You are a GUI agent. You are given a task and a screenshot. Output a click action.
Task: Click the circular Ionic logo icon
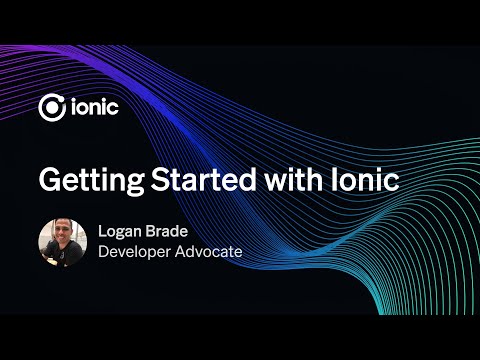(x=52, y=106)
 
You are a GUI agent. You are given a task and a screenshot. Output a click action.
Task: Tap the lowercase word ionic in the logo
(x=95, y=106)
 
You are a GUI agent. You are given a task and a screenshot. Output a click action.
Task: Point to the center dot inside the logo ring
(x=52, y=107)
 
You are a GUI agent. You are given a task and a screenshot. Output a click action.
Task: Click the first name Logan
(x=121, y=232)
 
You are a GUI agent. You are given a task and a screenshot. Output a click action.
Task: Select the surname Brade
(x=171, y=231)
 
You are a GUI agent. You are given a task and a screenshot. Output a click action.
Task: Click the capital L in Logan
(x=102, y=231)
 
